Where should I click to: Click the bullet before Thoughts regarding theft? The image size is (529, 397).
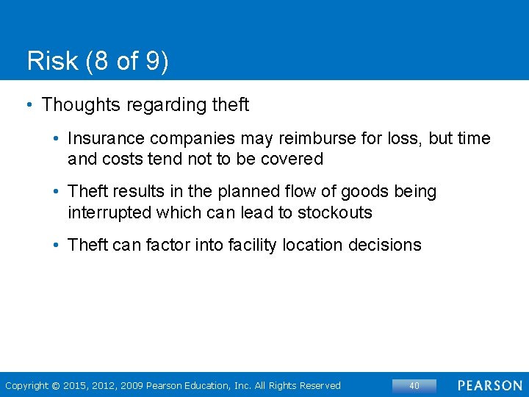point(29,105)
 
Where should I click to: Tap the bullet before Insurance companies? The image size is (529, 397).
point(56,139)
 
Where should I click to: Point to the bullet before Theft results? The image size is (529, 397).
point(56,193)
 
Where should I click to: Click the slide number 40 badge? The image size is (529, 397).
point(414,385)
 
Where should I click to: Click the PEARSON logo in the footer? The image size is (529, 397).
point(490,385)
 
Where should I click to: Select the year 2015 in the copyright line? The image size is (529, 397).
point(76,386)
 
